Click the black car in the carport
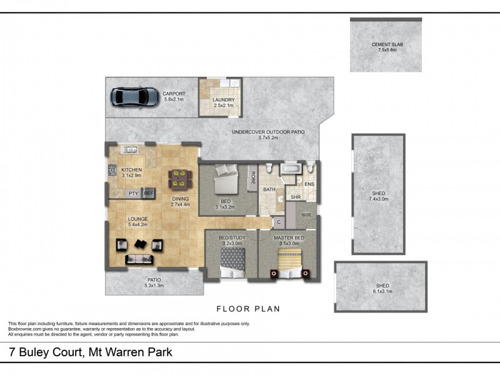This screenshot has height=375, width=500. click(x=134, y=97)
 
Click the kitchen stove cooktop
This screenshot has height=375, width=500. click(x=112, y=170)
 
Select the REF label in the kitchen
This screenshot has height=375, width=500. click(x=149, y=194)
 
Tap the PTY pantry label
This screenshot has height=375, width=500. click(x=133, y=194)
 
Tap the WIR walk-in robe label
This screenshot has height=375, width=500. click(x=306, y=215)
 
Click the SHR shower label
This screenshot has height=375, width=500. click(x=296, y=197)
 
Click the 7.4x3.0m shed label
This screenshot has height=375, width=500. click(x=378, y=196)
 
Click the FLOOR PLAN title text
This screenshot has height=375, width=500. click(x=248, y=309)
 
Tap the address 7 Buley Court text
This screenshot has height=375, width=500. click(x=91, y=352)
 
